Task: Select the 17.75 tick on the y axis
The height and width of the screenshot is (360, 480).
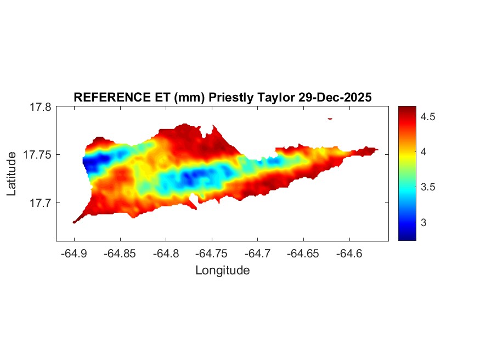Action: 37,155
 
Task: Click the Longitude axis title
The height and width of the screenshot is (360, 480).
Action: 222,270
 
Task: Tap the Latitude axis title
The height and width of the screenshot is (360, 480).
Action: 12,174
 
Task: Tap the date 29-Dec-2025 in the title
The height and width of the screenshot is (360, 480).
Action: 335,97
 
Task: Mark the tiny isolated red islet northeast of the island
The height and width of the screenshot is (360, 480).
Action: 330,118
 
